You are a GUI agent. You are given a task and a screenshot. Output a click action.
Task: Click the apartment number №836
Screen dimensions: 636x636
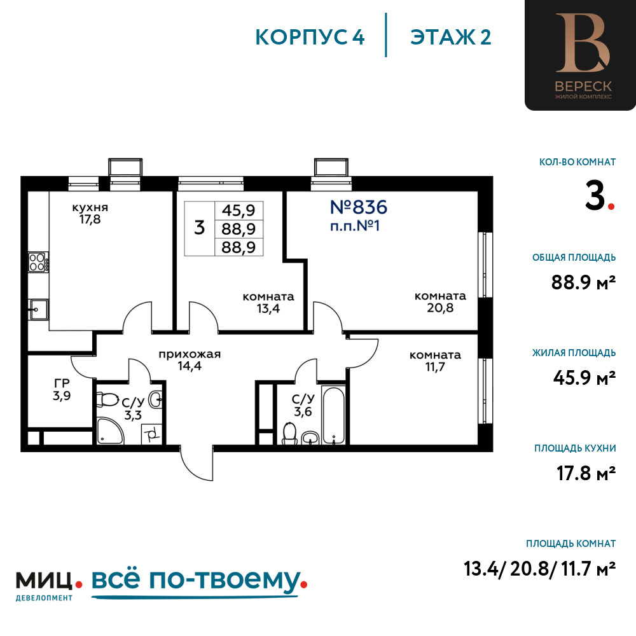coord(359,207)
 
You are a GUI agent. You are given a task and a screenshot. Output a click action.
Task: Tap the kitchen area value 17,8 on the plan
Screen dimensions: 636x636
coord(90,219)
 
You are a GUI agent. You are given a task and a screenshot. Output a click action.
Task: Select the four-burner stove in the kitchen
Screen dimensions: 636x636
coord(38,261)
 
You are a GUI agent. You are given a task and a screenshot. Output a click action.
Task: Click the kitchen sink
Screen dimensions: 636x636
coord(38,310)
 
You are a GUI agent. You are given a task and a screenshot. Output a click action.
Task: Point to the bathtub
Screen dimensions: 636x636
coord(333,414)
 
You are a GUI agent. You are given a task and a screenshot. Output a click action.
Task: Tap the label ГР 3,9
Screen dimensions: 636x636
coord(62,389)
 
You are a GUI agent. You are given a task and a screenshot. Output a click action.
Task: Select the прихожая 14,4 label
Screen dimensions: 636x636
coord(190,360)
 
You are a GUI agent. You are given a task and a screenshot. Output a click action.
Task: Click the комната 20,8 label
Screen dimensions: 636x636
coord(440,301)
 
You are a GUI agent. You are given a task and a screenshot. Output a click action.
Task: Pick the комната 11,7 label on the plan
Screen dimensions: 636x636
coord(435,361)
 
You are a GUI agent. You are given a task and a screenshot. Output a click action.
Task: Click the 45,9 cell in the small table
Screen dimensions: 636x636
coord(238,210)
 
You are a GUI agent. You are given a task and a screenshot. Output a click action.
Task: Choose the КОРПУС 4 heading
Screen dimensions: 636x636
coord(310,37)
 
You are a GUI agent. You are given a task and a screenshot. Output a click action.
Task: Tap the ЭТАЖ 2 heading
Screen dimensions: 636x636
coord(451,37)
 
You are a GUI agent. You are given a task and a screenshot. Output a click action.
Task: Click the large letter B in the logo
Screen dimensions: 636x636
coord(583,43)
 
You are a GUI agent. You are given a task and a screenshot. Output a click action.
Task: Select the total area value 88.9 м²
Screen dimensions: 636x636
coord(583,282)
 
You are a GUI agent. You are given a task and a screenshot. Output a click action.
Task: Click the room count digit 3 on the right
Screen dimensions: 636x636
coord(595,195)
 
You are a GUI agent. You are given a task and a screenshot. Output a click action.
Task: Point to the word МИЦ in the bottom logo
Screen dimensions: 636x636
coord(44,581)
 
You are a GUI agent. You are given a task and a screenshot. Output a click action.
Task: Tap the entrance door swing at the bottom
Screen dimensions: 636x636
coord(197,464)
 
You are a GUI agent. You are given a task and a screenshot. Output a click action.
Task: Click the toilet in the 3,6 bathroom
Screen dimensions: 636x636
coord(289,433)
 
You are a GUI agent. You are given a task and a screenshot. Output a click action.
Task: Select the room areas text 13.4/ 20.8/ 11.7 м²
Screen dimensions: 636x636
coord(539,568)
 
